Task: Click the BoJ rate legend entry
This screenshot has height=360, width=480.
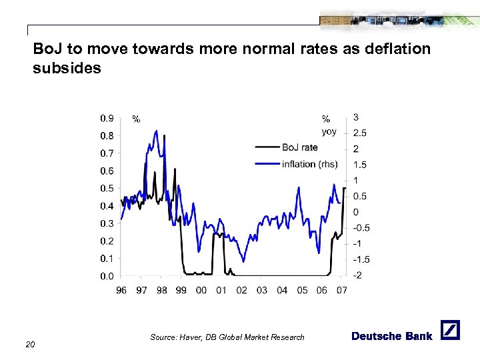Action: point(299,147)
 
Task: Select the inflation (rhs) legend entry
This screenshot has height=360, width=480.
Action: point(309,164)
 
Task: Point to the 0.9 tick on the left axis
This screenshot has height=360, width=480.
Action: point(107,119)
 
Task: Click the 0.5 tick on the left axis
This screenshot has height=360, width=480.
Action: point(107,189)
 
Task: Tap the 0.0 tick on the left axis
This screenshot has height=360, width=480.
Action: point(107,276)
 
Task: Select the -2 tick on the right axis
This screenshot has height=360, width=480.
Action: point(358,275)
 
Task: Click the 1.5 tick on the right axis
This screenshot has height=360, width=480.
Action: point(359,165)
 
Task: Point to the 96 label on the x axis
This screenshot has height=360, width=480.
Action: point(121,290)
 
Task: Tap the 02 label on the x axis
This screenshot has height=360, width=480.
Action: point(241,290)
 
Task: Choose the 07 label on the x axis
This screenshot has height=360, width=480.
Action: point(341,290)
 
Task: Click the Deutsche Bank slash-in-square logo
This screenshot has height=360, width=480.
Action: point(450,330)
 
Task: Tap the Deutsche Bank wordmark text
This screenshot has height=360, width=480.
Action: point(391,336)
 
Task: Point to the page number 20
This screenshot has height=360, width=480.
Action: point(30,344)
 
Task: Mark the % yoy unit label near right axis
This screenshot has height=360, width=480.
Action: point(328,125)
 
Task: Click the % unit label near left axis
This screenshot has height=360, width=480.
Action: point(136,119)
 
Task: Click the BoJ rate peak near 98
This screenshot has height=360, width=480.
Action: point(165,136)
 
